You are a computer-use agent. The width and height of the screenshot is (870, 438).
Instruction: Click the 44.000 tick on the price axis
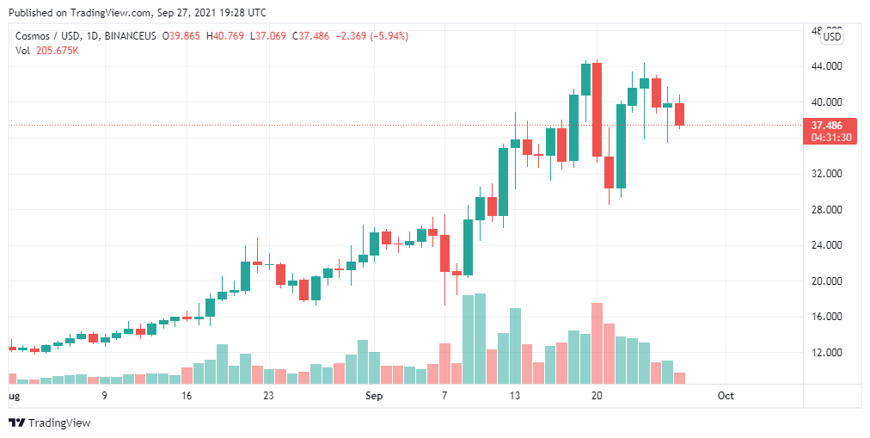click(x=831, y=66)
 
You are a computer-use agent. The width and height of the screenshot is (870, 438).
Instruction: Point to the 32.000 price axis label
click(x=831, y=174)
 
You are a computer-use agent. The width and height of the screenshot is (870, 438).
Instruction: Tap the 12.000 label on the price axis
click(x=831, y=353)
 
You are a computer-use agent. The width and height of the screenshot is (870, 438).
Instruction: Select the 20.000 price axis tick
click(x=831, y=281)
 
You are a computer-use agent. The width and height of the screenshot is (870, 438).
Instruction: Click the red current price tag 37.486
click(x=831, y=125)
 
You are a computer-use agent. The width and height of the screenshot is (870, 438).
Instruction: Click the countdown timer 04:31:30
click(x=831, y=138)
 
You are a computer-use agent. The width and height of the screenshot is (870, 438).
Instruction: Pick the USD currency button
click(x=832, y=36)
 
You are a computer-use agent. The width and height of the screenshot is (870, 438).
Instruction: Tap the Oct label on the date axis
click(x=726, y=396)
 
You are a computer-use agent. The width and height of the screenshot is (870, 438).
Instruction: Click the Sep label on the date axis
click(x=373, y=396)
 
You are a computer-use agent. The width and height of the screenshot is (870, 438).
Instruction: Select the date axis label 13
click(x=515, y=396)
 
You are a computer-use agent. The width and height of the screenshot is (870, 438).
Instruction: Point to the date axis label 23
click(x=268, y=396)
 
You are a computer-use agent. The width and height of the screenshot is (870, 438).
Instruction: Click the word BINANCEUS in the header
click(x=131, y=36)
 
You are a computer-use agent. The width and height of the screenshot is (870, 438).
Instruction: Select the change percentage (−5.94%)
click(x=385, y=36)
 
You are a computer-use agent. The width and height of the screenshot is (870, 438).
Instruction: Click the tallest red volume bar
click(x=597, y=342)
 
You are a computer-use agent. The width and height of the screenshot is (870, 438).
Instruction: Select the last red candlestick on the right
click(x=679, y=114)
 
